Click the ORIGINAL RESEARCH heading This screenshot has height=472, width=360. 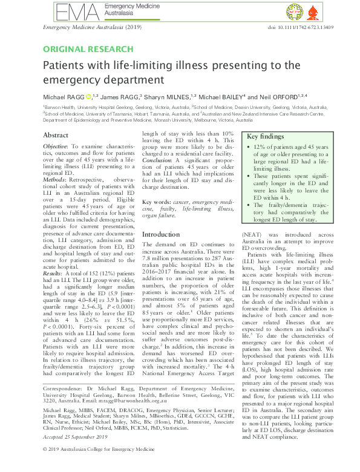tap(88, 49)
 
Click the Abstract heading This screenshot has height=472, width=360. tap(57, 136)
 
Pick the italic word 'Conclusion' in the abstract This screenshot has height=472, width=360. tap(162, 162)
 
